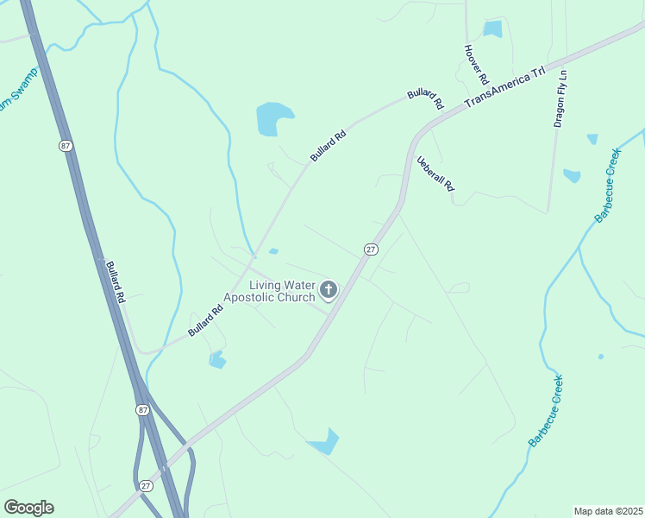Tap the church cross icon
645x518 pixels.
point(328,289)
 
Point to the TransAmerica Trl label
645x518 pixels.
point(506,86)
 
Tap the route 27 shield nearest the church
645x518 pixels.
point(370,249)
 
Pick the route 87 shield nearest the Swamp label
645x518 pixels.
point(66,146)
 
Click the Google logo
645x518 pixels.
point(28,508)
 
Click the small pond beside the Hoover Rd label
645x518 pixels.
point(492,28)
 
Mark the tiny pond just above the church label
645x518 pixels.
point(273,252)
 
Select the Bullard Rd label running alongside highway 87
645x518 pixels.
point(116,280)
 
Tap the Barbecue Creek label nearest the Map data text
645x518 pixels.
point(546,410)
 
